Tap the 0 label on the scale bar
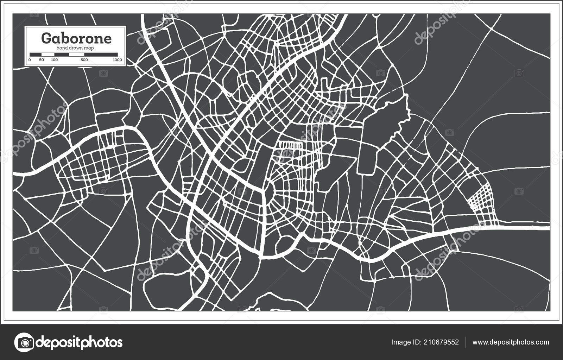click(30, 60)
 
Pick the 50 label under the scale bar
click(42, 60)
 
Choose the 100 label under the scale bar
click(54, 60)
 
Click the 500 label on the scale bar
click(84, 60)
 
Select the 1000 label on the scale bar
click(118, 60)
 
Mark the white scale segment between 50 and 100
click(48, 54)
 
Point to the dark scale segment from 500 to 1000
click(101, 54)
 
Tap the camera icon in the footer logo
click(24, 342)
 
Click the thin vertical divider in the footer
click(466, 342)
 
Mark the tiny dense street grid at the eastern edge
click(480, 198)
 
